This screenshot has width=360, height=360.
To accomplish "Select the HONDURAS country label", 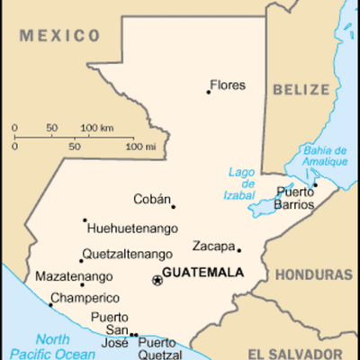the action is coord(312,274).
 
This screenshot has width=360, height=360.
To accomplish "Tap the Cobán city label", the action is coord(151,199).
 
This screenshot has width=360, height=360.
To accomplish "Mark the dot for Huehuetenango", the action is coord(85,220).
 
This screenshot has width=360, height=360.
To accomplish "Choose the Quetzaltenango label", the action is coord(126,254).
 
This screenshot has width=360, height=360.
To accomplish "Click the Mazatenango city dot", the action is coord(82,284).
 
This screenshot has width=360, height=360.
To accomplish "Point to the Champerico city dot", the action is coord(50,304).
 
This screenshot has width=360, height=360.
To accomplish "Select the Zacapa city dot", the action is coord(238,250).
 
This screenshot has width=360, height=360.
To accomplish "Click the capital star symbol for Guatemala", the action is coord(157,280).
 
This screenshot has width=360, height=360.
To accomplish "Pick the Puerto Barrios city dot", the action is coord(315,185).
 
